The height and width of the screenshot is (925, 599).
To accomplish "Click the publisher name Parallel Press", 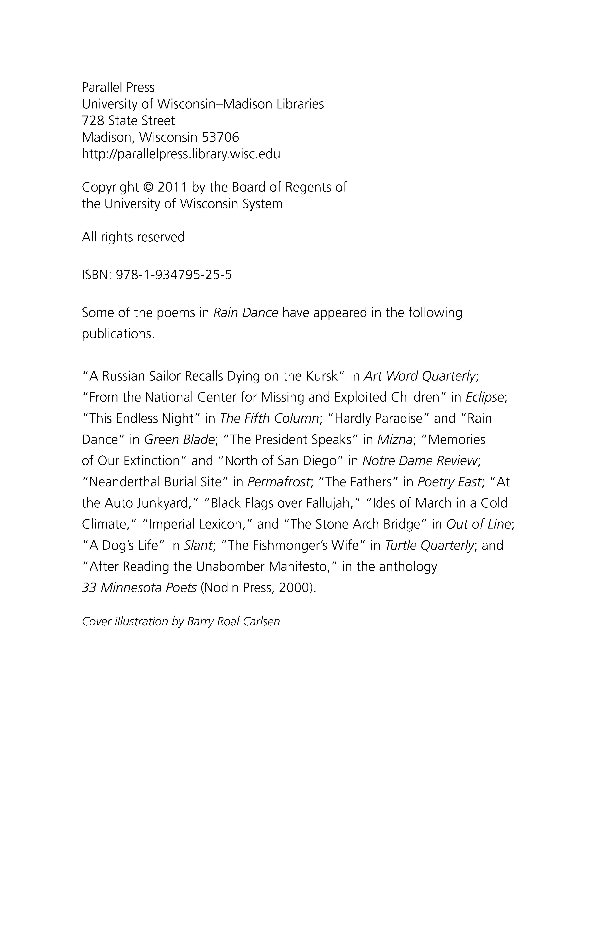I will pyautogui.click(x=118, y=87).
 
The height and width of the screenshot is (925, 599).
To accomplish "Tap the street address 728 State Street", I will pyautogui.click(x=128, y=121).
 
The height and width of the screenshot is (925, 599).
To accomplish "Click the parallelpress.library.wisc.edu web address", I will pyautogui.click(x=181, y=154).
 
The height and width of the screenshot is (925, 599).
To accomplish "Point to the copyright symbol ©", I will pyautogui.click(x=148, y=187).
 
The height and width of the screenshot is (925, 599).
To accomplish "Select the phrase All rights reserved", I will pyautogui.click(x=133, y=237).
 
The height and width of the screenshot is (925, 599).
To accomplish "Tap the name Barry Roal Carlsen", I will pyautogui.click(x=233, y=621).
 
